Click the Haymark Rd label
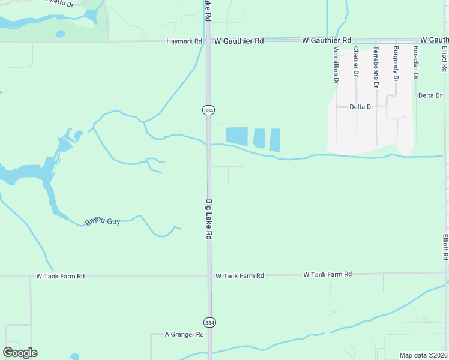pyautogui.click(x=184, y=41)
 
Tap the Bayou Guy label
pyautogui.click(x=103, y=221)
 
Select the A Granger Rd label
pyautogui.click(x=184, y=335)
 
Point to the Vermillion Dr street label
pyautogui.click(x=336, y=64)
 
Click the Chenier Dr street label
pyautogui.click(x=356, y=62)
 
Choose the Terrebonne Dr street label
pyautogui.click(x=376, y=67)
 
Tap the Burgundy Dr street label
pyautogui.click(x=396, y=63)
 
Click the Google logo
pyautogui.click(x=20, y=353)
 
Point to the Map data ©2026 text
pyautogui.click(x=423, y=355)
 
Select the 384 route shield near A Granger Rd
pyautogui.click(x=208, y=322)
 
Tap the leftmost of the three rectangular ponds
pyautogui.click(x=237, y=135)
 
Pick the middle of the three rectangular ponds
pyautogui.click(x=259, y=138)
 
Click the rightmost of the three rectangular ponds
pyautogui.click(x=275, y=140)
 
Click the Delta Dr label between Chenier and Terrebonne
pyautogui.click(x=361, y=107)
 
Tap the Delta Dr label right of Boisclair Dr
pyautogui.click(x=430, y=95)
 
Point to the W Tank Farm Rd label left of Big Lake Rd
pyautogui.click(x=61, y=277)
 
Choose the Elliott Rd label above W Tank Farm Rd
pyautogui.click(x=445, y=247)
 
